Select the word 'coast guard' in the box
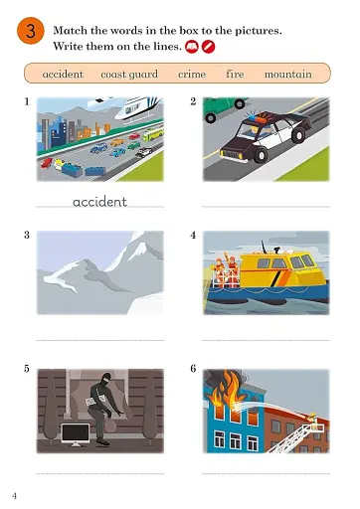129,74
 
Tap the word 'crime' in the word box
192,74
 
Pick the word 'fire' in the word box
235,74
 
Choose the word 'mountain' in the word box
288,74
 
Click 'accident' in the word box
63,74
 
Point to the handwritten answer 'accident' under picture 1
99,202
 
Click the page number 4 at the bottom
14,494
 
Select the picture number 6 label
193,369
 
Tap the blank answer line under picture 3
99,339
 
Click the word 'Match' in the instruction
72,31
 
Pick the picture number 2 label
193,100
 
